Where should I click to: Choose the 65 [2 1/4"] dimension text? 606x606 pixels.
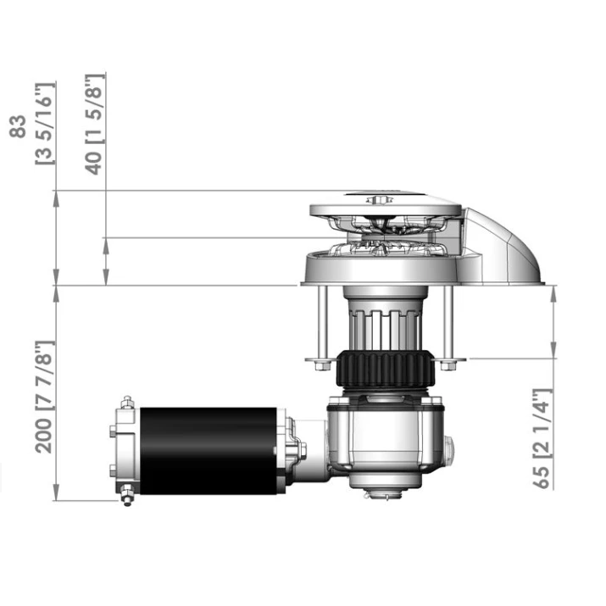click(542, 440)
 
